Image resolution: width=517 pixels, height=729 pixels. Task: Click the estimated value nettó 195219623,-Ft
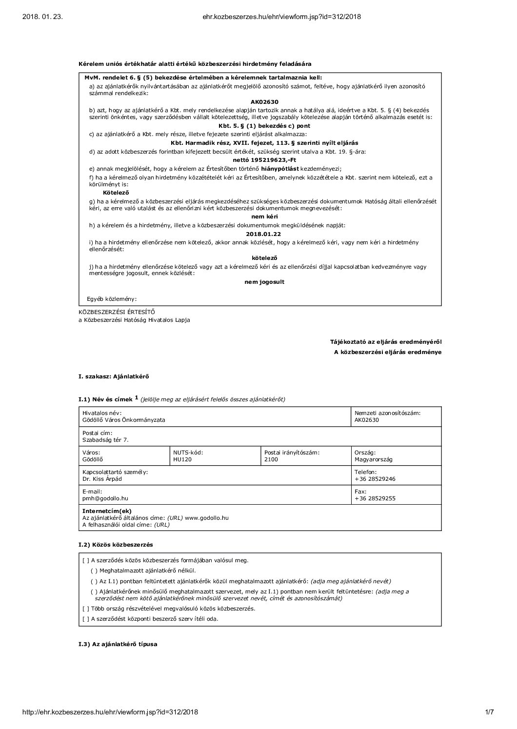pos(265,160)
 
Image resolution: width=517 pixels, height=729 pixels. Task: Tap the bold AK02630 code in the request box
pos(264,102)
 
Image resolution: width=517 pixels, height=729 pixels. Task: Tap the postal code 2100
pos(271,459)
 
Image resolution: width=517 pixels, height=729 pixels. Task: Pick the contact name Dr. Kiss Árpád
pos(102,479)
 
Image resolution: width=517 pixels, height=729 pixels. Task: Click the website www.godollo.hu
pos(207,518)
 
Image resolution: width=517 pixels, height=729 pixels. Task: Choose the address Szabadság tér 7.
pos(105,440)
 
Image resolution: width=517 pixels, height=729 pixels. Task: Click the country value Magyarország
pos(373,459)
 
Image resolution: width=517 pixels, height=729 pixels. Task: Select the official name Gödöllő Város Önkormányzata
pos(124,420)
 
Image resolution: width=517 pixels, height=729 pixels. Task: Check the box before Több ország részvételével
pos(86,609)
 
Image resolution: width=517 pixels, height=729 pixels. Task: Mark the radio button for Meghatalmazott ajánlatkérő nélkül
pos(94,571)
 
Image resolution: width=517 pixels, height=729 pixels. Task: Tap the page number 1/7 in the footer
pos(490,712)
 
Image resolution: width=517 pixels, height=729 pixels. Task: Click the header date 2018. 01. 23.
pos(43,17)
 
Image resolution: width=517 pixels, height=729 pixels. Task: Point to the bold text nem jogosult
pos(264,282)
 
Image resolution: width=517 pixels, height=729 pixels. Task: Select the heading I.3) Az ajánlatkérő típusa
pos(118,644)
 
